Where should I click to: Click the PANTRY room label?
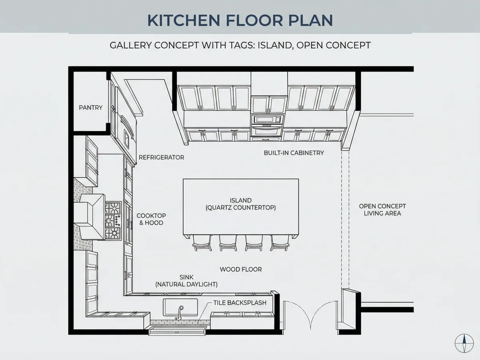(90, 108)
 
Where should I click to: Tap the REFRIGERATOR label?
(161, 157)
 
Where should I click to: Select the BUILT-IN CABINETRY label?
(294, 153)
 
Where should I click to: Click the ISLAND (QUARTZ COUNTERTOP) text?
(240, 204)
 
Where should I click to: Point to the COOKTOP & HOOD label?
(151, 219)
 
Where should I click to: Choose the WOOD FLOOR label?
(241, 269)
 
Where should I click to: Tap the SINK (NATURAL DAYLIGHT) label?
(186, 281)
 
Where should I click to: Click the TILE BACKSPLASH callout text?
(240, 303)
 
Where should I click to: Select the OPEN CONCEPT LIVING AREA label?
(382, 210)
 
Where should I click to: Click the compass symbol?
(464, 343)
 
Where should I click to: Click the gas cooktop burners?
(113, 221)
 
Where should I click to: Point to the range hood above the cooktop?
(90, 216)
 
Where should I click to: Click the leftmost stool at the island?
(202, 243)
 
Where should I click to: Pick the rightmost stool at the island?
(280, 243)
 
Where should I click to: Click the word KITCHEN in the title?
(184, 20)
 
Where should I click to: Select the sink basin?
(180, 307)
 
